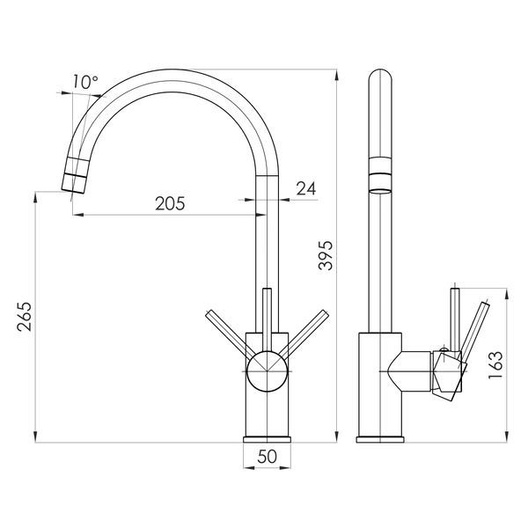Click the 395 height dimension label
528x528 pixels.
tap(326, 255)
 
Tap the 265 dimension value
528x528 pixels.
tap(25, 317)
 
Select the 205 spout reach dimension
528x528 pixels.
tap(170, 203)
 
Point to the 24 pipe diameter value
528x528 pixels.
tap(306, 188)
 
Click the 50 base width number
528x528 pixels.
tap(267, 457)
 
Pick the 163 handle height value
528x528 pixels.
tap(495, 365)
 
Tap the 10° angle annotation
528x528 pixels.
tap(85, 82)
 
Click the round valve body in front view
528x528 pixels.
tap(267, 371)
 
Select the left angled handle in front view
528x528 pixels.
tap(231, 334)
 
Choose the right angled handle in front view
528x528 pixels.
tap(303, 334)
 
